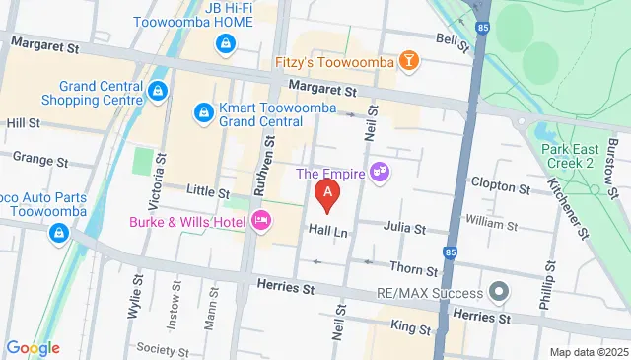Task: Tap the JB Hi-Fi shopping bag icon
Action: (227, 44)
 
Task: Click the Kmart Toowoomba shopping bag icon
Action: (203, 113)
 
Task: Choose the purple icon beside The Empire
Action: (381, 175)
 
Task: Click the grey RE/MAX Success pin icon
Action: (499, 293)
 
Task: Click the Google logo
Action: (33, 347)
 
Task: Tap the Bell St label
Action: (452, 39)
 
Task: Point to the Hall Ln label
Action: (329, 229)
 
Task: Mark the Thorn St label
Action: (413, 269)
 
